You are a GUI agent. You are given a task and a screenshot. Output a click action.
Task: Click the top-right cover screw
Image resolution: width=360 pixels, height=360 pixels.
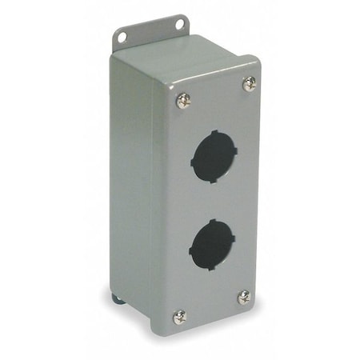tap(249, 82)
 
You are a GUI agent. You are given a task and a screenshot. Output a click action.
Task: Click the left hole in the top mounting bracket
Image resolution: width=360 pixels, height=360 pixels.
tap(122, 36)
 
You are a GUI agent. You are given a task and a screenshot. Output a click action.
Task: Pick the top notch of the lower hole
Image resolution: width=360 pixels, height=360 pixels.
tap(213, 219)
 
